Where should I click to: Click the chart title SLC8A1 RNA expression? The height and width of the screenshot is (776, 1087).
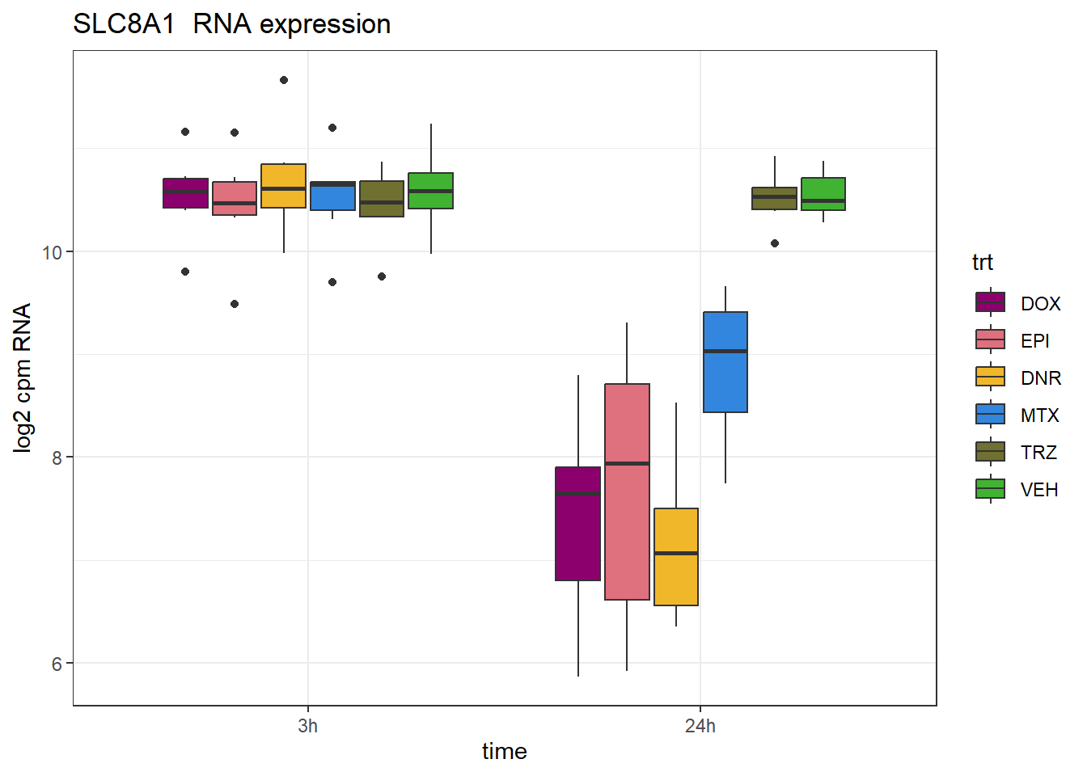(232, 24)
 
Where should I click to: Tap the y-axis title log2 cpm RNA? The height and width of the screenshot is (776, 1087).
(23, 377)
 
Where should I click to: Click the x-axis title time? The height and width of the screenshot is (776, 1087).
(504, 751)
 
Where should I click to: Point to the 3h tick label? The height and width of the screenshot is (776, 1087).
(307, 726)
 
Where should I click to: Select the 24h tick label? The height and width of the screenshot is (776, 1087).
(700, 726)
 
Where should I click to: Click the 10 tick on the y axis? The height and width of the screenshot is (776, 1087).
(52, 252)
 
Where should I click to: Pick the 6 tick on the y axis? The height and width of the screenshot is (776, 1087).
(57, 664)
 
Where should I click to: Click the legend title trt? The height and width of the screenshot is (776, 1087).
(982, 262)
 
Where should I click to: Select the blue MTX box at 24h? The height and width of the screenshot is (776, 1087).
(725, 362)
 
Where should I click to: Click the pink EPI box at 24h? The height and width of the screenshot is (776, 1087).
(627, 491)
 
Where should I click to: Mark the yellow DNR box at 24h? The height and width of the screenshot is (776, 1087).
(676, 556)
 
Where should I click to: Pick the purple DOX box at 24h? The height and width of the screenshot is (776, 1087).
(577, 524)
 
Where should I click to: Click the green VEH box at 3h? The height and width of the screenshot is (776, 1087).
(430, 191)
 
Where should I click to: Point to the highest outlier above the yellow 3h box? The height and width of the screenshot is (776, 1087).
(284, 80)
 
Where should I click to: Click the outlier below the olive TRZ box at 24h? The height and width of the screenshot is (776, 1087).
(775, 243)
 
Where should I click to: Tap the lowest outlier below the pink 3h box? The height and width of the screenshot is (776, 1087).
(235, 304)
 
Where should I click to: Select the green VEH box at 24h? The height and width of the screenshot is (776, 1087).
(823, 194)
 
